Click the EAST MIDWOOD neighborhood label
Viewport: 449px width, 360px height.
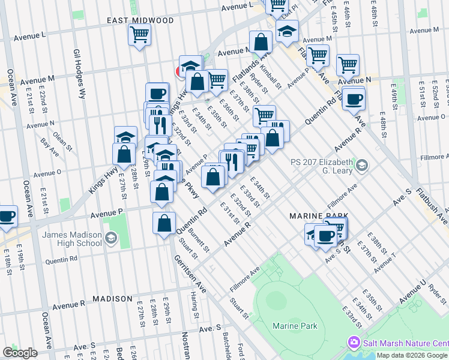pos(140,20)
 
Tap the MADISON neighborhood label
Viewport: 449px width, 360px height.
pos(112,298)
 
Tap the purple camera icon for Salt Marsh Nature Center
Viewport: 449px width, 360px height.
pos(354,342)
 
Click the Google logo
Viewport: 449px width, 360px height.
pos(20,353)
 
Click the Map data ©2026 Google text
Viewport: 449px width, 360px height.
pos(411,355)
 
